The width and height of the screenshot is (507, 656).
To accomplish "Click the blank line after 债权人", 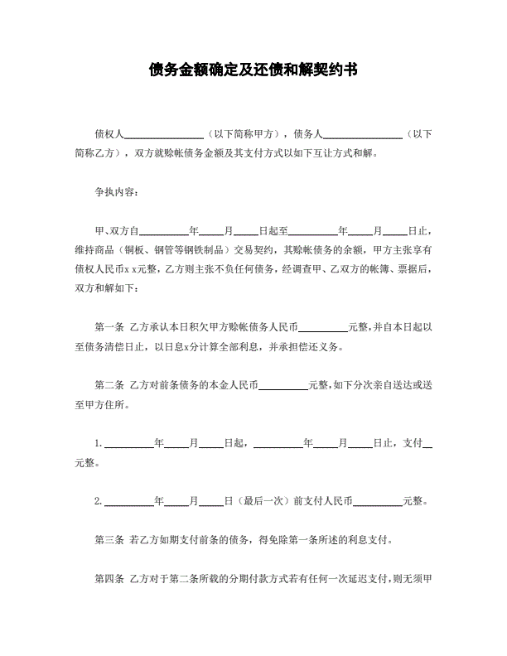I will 163,133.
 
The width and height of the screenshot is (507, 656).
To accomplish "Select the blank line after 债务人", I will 362,133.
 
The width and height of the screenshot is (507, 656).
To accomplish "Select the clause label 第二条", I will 109,385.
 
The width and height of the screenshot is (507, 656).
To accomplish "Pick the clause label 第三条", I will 109,540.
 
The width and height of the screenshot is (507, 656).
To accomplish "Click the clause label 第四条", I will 109,578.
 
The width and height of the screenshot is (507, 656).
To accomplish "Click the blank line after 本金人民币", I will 283,386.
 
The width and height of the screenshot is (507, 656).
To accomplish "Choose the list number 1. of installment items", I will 99,444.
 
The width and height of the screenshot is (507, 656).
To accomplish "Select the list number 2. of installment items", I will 99,501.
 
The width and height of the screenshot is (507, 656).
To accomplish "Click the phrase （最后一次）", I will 263,501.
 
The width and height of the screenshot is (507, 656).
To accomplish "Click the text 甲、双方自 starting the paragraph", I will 121,230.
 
